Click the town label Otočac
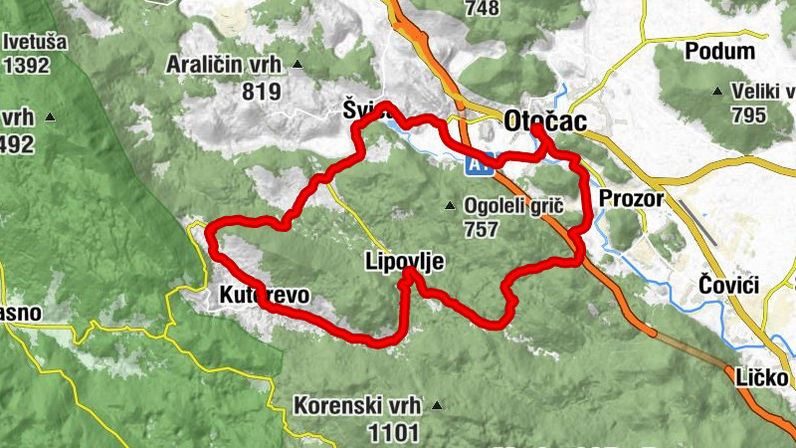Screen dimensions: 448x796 click(x=545, y=119)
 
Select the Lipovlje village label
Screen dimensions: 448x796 click(x=404, y=262)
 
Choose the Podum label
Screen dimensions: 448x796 click(x=720, y=51)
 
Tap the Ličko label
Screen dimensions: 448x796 click(x=764, y=378)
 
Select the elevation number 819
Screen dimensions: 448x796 click(x=261, y=91)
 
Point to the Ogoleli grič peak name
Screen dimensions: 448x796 click(x=513, y=207)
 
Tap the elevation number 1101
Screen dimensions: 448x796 click(x=392, y=432)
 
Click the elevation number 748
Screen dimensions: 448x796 click(x=482, y=9)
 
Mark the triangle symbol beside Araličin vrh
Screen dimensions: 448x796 click(x=298, y=66)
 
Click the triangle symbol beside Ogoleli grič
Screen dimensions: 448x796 click(x=450, y=207)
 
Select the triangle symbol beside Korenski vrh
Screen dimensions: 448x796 click(x=435, y=406)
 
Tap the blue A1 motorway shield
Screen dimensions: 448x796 click(x=482, y=166)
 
